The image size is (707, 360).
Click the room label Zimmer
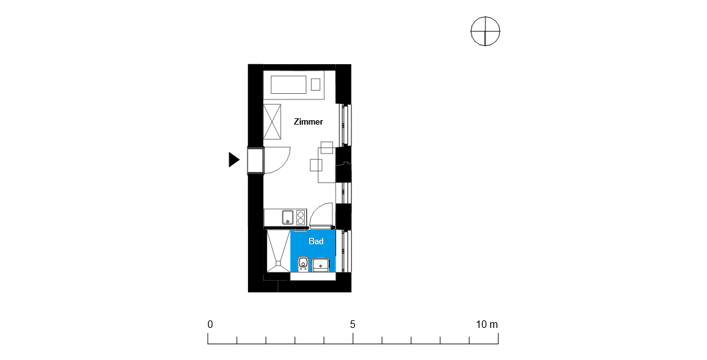click(308, 121)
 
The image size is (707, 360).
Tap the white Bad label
click(316, 242)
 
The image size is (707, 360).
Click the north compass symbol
click(485, 31)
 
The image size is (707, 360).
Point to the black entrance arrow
click(234, 159)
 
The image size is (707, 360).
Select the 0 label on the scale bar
click(210, 324)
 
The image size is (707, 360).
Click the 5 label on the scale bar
click(353, 324)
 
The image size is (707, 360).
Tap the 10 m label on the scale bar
click(487, 324)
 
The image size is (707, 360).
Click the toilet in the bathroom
click(303, 264)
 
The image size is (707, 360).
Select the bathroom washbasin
click(320, 265)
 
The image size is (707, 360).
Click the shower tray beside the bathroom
click(277, 250)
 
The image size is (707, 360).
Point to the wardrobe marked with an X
click(272, 122)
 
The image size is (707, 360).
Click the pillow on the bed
click(315, 84)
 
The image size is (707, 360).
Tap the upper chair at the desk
click(327, 147)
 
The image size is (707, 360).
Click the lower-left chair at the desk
click(316, 166)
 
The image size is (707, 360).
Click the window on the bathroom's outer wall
click(346, 251)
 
